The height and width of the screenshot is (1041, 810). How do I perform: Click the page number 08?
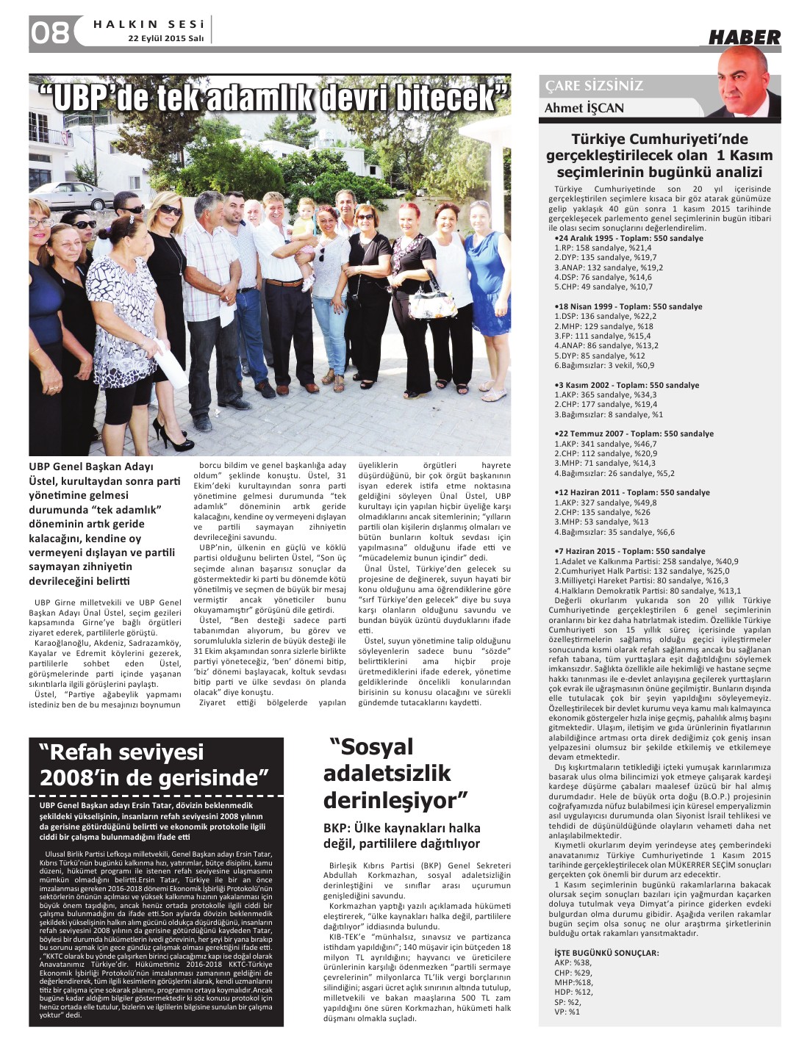click(50, 32)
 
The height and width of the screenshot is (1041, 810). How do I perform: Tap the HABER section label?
click(744, 37)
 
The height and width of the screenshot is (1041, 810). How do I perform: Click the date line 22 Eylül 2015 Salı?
click(166, 38)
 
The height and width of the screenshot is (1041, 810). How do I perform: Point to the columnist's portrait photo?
click(749, 84)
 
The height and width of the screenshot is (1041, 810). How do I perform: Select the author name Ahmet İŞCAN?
click(584, 109)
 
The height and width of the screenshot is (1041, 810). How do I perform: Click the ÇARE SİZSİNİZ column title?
click(594, 86)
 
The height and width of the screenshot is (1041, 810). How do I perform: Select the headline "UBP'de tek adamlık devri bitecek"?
click(273, 98)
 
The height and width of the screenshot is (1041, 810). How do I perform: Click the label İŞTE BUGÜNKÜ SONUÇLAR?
click(606, 953)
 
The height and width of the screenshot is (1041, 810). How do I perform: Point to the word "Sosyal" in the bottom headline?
click(371, 747)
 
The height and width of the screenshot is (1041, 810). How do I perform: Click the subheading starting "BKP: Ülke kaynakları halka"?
click(402, 828)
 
